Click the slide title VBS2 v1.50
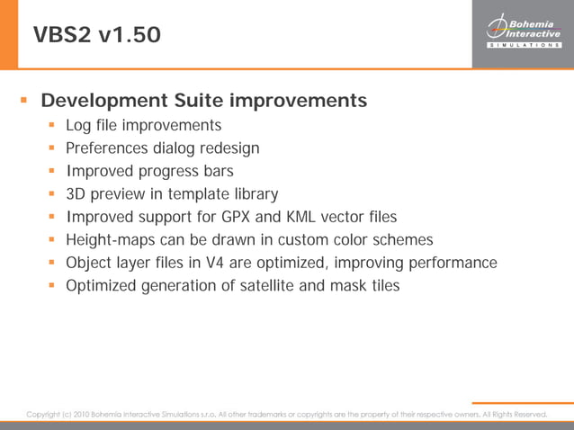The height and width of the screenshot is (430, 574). [x=97, y=35]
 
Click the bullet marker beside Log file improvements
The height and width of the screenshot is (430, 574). [x=52, y=124]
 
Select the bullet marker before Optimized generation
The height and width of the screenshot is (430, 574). [x=52, y=286]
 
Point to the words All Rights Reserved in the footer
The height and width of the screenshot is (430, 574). [x=515, y=414]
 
